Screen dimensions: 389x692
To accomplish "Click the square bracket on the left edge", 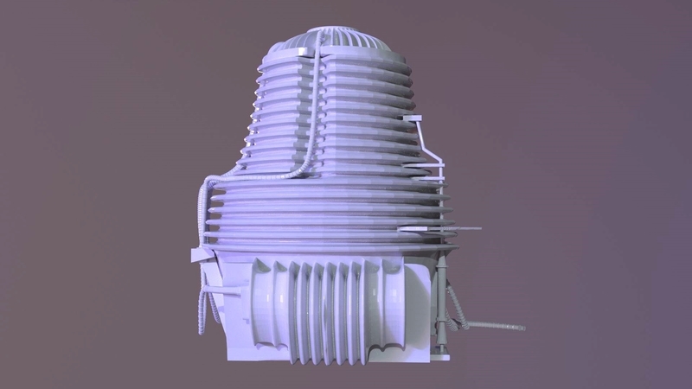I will point(200,255).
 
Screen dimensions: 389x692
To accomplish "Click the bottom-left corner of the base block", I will point(228,355).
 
